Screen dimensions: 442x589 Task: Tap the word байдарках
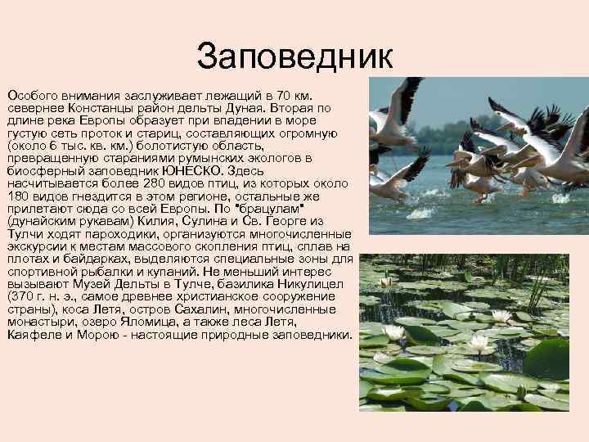coord(90,259)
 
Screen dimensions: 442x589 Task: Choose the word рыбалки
coord(108,272)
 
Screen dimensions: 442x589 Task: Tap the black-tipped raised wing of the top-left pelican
coord(406,98)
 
